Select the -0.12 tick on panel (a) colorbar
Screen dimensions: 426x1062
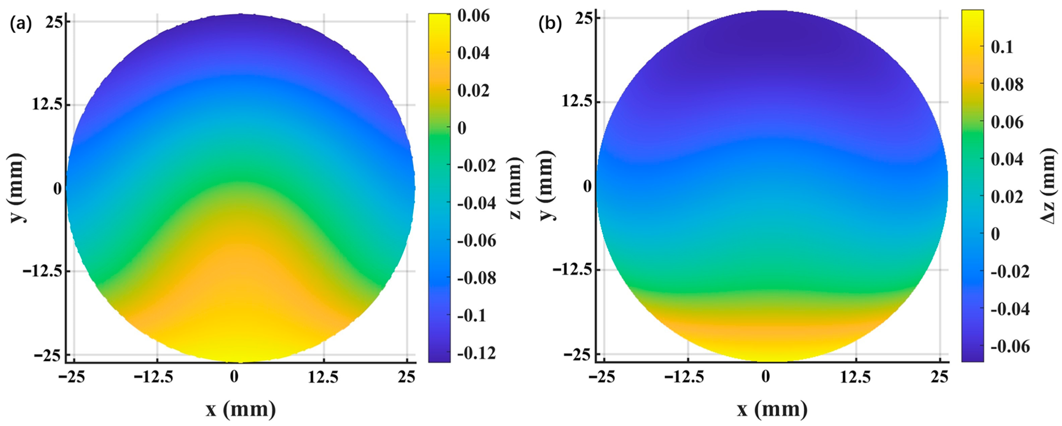coord(477,353)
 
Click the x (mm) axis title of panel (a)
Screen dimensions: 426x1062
coord(241,409)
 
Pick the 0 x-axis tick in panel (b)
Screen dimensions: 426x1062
coord(766,377)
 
